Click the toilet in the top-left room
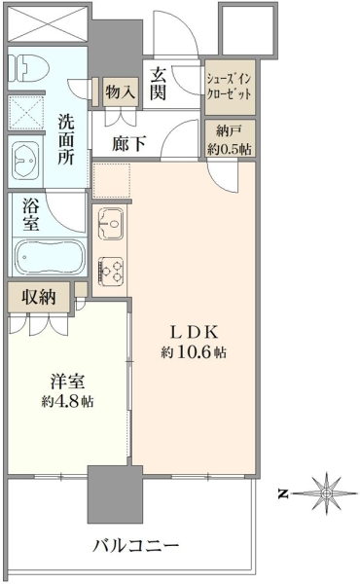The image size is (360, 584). point(29,68)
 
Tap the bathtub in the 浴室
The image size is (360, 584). point(50,258)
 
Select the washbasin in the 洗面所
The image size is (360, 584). point(25,162)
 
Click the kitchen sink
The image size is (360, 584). point(111,224)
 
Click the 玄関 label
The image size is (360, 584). point(158,86)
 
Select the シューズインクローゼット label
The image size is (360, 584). point(230,86)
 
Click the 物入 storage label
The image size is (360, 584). point(120,91)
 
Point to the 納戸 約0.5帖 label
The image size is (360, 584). point(230,140)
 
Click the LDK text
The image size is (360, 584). point(194,332)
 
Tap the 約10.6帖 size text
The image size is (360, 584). point(194,351)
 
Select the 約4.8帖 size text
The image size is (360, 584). point(68,401)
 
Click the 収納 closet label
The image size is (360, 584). point(38,297)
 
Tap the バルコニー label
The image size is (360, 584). point(136,546)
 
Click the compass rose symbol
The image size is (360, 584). point(326,493)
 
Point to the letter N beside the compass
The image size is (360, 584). point(283,494)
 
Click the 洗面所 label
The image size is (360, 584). point(66,140)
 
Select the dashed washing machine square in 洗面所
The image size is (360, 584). point(26,113)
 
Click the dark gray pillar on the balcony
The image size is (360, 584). point(115,493)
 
